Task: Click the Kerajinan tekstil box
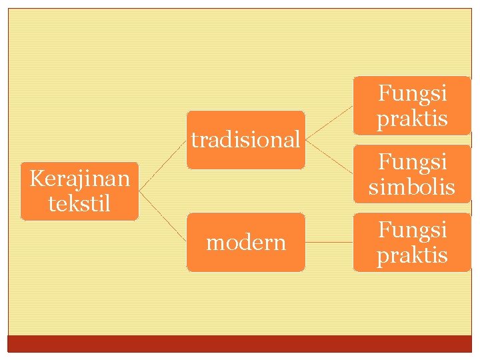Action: tap(79, 191)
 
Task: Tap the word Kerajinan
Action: tap(79, 179)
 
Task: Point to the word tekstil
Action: tap(79, 203)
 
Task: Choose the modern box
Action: tap(245, 242)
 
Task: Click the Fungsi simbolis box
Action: tap(412, 174)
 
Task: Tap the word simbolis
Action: tap(412, 187)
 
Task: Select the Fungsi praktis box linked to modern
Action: tap(412, 242)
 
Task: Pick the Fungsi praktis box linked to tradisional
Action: tap(412, 105)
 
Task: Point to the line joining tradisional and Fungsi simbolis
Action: tap(329, 157)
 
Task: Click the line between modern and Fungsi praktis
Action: tap(329, 242)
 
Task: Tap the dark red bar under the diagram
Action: tap(240, 343)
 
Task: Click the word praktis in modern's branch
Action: tap(412, 255)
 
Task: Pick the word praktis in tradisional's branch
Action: tap(412, 119)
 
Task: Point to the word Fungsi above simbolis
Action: tap(412, 161)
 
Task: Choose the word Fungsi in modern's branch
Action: tap(412, 229)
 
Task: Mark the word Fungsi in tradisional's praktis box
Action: tap(412, 93)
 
